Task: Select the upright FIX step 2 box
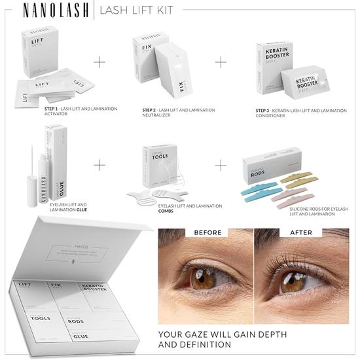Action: coord(145,50)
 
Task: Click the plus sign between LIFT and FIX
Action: coord(99,62)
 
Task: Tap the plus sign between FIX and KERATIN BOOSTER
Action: coord(221,62)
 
